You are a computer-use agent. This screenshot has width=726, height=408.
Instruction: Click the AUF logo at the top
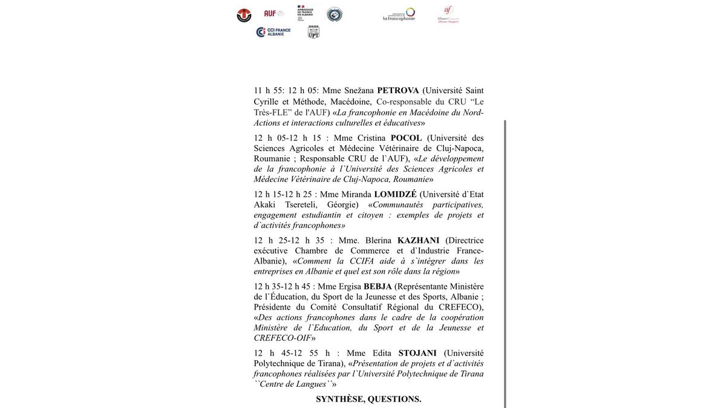[x=273, y=13]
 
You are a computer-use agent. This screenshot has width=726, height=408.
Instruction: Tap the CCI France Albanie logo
[x=273, y=32]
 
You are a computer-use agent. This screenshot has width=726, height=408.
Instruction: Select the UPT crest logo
[x=313, y=32]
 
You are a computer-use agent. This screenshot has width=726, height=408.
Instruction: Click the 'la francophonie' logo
[x=399, y=14]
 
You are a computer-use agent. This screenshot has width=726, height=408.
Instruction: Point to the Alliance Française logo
[x=448, y=14]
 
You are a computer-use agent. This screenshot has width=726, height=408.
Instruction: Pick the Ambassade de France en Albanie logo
[x=305, y=13]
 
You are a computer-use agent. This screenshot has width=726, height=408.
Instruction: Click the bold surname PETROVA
[x=398, y=91]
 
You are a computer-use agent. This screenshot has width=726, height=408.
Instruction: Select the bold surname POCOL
[x=407, y=138]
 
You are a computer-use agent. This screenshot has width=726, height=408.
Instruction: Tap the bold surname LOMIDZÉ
[x=396, y=194]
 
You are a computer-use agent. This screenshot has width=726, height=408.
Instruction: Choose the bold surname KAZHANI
[x=419, y=241]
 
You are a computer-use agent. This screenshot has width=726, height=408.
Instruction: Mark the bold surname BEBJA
[x=378, y=287]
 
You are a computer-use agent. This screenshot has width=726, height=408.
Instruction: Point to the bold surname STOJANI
[x=417, y=353]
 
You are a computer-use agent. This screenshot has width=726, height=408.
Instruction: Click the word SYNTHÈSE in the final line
[x=339, y=399]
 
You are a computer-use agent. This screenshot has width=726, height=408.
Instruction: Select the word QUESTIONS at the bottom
[x=394, y=399]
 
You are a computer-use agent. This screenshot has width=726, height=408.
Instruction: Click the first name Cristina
[x=371, y=138]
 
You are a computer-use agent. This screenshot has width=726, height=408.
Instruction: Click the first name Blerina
[x=378, y=241]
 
